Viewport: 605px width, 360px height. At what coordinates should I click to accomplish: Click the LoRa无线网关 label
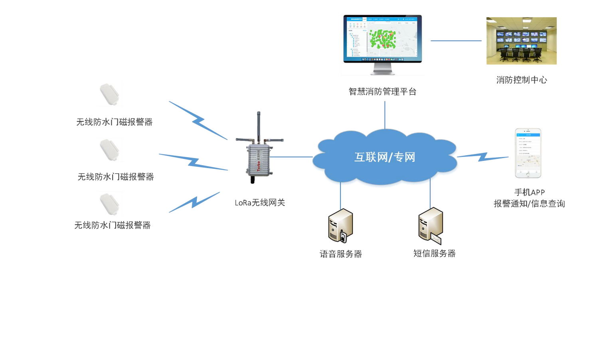coord(259,203)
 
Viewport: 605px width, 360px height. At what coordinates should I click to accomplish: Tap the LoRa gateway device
coord(259,160)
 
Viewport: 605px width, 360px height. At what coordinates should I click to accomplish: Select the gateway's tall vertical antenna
coord(259,126)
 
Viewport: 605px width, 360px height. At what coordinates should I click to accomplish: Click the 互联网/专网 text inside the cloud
coord(385,157)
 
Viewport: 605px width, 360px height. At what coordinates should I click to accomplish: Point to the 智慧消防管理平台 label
coord(382,92)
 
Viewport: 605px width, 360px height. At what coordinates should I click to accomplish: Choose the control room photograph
coord(521,41)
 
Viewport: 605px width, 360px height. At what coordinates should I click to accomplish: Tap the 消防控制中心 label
coord(521,80)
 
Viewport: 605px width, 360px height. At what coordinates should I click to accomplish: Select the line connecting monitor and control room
coord(456,41)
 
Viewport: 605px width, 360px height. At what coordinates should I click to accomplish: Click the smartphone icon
coord(528,153)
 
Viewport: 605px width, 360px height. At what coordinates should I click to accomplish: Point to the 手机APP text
coord(529,192)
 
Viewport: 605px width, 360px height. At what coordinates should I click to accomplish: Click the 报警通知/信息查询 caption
coord(529,204)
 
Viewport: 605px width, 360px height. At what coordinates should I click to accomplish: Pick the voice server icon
coord(340,226)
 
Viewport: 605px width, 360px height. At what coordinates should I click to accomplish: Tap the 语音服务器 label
coord(340,254)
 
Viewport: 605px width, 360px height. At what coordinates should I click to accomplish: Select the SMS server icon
coord(430,225)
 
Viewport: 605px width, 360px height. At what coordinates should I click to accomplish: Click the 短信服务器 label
coord(434,253)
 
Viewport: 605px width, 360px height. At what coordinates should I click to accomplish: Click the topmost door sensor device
coord(109,94)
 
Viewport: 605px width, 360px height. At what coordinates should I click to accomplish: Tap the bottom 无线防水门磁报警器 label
coord(113,225)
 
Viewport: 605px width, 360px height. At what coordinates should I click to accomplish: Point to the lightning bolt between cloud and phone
coord(482,156)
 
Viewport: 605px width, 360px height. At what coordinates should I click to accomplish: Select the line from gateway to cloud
coord(291,157)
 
